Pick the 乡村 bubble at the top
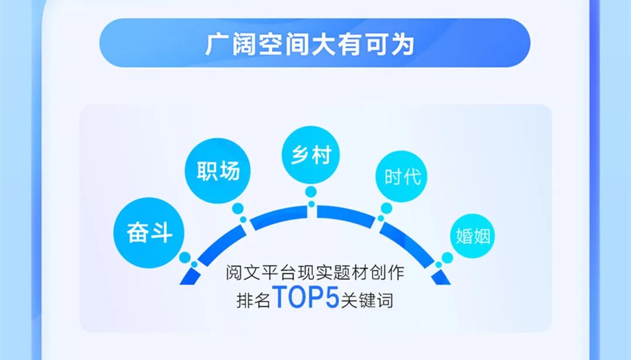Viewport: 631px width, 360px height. (x=311, y=155)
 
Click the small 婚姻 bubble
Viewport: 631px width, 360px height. (x=471, y=237)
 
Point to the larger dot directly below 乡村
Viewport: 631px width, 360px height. (x=311, y=192)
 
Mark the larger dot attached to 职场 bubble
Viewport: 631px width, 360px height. (x=238, y=208)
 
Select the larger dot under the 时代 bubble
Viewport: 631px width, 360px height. (x=386, y=209)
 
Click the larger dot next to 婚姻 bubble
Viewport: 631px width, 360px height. (x=448, y=257)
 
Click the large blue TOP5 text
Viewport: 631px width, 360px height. (x=306, y=297)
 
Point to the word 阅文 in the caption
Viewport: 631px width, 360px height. (x=239, y=273)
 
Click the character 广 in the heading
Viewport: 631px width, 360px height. (x=217, y=44)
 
